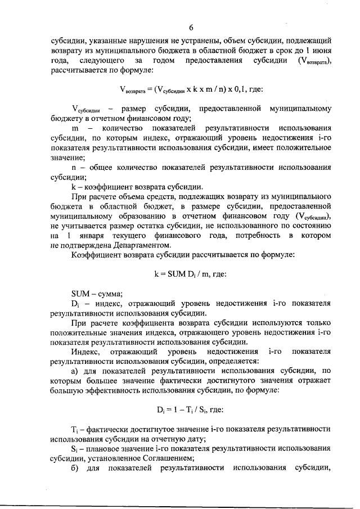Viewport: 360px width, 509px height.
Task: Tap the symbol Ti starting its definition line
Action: pyautogui.click(x=76, y=429)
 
